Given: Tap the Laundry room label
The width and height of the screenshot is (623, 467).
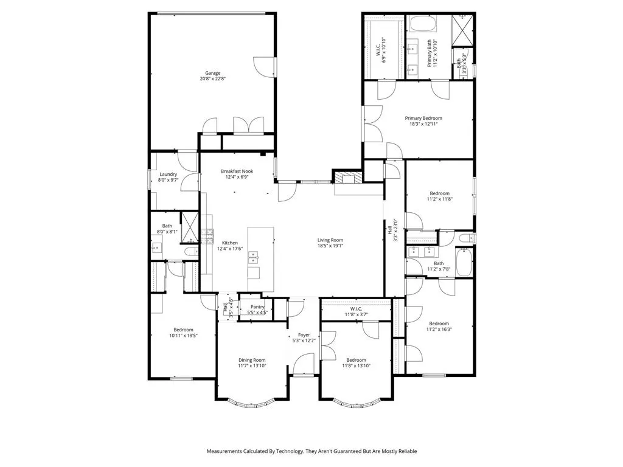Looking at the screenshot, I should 169,175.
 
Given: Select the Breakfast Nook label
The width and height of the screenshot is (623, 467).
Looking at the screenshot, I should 237,171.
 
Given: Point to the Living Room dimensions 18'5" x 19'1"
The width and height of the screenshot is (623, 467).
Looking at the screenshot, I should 330,246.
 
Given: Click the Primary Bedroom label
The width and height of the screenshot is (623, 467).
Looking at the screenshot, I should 423,118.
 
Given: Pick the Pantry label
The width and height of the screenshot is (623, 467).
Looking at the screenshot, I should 257,307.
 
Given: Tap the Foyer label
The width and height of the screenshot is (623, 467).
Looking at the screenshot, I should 304,335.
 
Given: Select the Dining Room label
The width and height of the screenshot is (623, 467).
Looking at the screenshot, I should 251,360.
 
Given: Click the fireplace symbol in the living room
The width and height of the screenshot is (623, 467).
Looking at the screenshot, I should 347,178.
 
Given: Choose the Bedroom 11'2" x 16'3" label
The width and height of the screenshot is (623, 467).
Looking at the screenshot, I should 439,323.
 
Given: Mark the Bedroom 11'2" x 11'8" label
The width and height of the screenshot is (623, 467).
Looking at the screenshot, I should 439,193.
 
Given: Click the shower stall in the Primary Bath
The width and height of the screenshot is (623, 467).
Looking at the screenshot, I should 463,29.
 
